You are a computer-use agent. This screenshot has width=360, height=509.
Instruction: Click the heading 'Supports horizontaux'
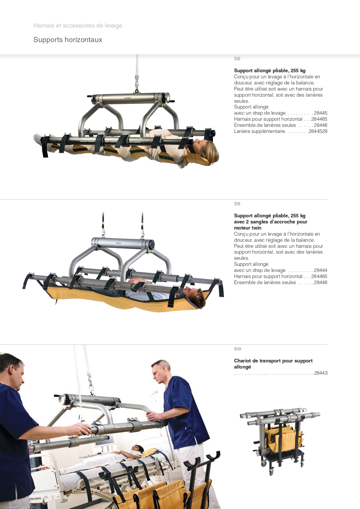click(x=68, y=40)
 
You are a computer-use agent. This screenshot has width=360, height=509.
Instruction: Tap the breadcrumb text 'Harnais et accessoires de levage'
click(x=78, y=26)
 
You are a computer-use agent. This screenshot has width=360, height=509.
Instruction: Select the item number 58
click(x=237, y=59)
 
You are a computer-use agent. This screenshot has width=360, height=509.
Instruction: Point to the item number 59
click(x=237, y=204)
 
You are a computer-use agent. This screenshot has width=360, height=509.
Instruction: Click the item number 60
click(x=238, y=349)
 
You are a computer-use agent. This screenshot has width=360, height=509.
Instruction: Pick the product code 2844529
click(x=318, y=131)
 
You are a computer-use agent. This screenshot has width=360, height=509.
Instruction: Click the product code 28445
click(x=321, y=113)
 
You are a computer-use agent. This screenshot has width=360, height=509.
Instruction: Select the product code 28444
click(x=321, y=270)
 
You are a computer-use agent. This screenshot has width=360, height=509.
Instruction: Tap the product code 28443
click(x=321, y=373)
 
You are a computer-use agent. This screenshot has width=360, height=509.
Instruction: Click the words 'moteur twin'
click(x=248, y=228)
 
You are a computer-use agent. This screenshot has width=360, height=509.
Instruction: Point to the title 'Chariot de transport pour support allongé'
click(x=273, y=364)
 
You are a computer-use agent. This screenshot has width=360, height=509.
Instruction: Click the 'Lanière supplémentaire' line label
click(x=260, y=131)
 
